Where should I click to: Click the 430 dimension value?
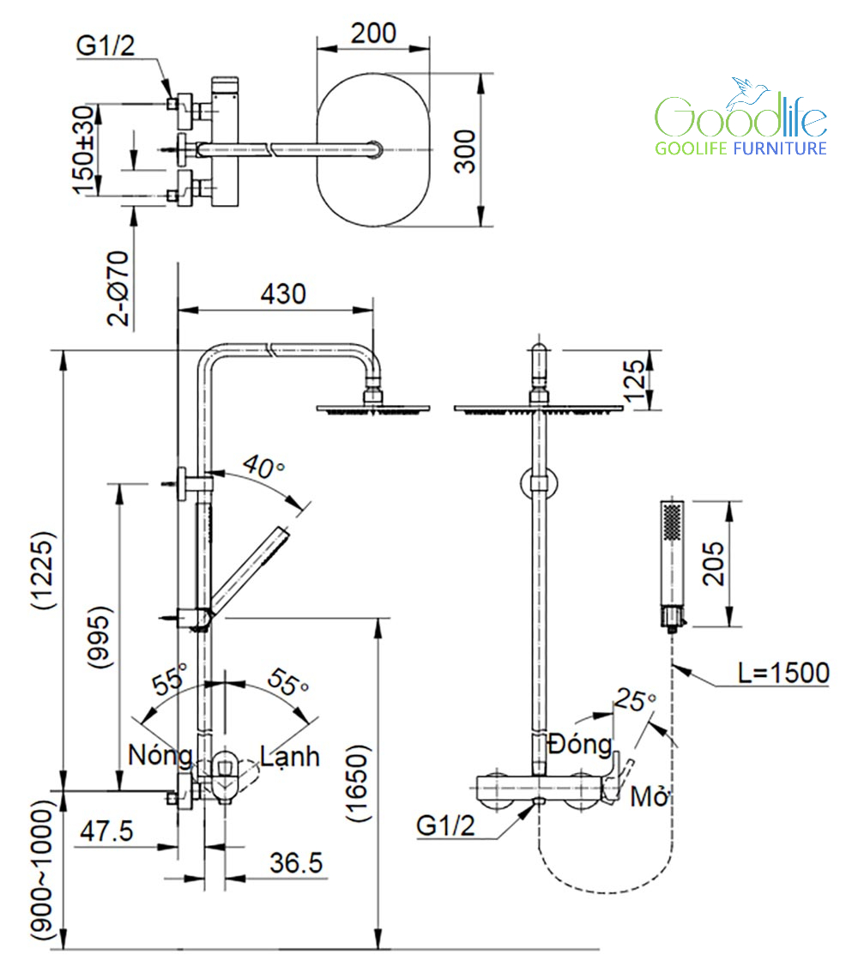(x=282, y=294)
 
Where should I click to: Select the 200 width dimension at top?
(x=373, y=33)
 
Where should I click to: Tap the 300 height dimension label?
(x=464, y=151)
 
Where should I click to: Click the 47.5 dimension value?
(x=107, y=831)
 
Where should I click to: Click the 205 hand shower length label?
(x=713, y=563)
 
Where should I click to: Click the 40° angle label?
(x=263, y=468)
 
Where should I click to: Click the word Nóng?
(x=160, y=756)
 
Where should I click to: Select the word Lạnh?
(x=290, y=756)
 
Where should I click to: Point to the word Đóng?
(x=582, y=744)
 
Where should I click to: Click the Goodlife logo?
(x=740, y=120)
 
